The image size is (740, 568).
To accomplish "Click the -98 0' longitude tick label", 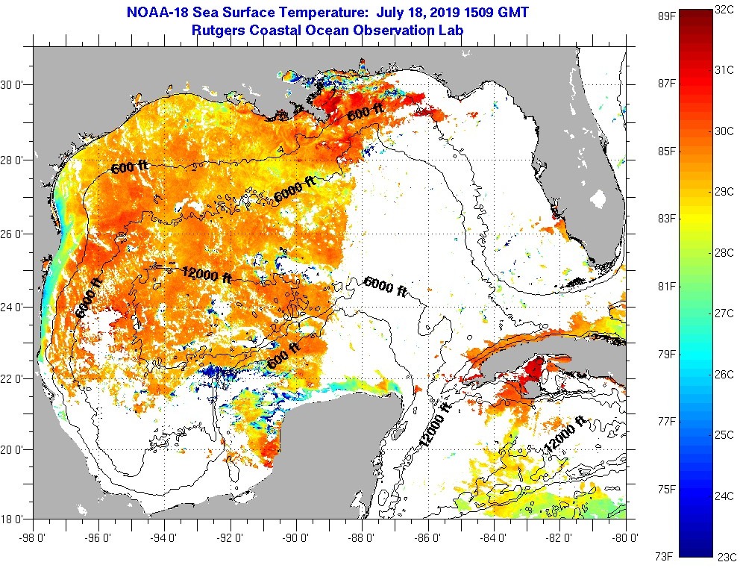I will click(x=33, y=536).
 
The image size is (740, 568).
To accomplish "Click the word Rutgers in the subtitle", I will click(x=218, y=31).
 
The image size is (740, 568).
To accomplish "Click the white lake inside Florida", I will click(x=599, y=199).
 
